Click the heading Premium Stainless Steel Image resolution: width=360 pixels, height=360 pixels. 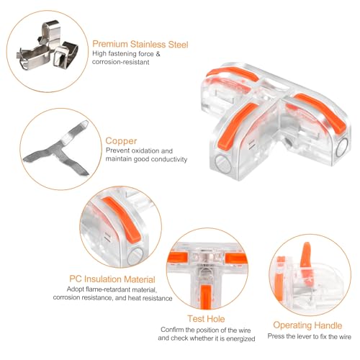coord(140,45)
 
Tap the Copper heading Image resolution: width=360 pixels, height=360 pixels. coord(121,141)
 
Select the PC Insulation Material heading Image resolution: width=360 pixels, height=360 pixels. coord(112,279)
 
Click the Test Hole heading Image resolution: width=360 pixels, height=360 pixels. coord(206,319)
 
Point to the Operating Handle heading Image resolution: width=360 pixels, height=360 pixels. coord(307,325)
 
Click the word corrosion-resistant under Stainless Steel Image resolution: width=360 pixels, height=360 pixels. coord(121,62)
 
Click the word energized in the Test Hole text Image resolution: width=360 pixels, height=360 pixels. coord(240,338)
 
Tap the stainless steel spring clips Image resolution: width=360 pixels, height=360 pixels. coord(48,45)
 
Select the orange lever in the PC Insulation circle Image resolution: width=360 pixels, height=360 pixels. coord(122,218)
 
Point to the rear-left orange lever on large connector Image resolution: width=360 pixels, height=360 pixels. coord(232,73)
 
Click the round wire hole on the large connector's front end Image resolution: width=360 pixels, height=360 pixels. coord(223,164)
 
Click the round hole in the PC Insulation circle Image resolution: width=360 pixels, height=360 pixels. coord(135,256)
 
